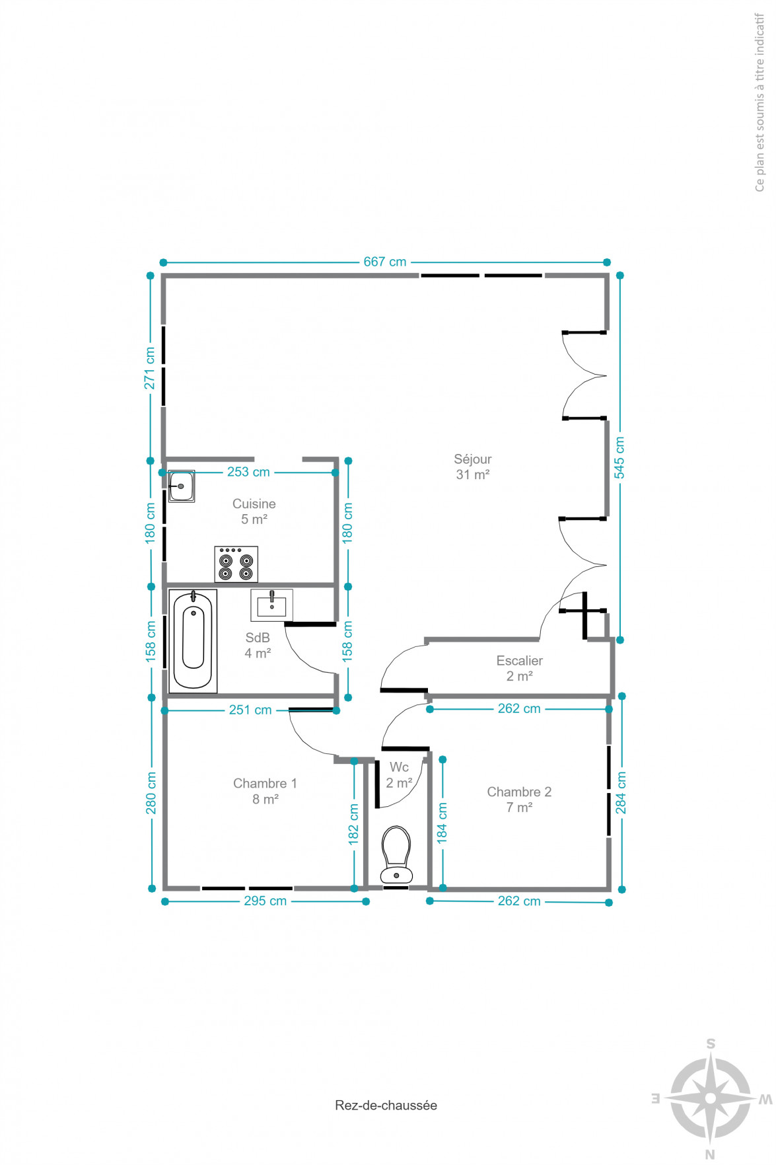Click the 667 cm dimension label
click(x=385, y=262)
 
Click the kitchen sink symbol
click(x=181, y=486)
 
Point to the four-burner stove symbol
click(x=236, y=564)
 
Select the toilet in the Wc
click(x=397, y=854)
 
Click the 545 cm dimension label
click(x=619, y=457)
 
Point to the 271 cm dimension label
click(x=150, y=368)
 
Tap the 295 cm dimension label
click(x=265, y=901)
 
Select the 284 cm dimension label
click(x=621, y=793)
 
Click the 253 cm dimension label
click(x=248, y=472)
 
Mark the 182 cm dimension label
click(x=353, y=824)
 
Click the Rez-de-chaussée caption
click(x=386, y=1105)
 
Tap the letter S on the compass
click(x=711, y=1044)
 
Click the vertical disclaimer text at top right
click(x=759, y=102)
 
